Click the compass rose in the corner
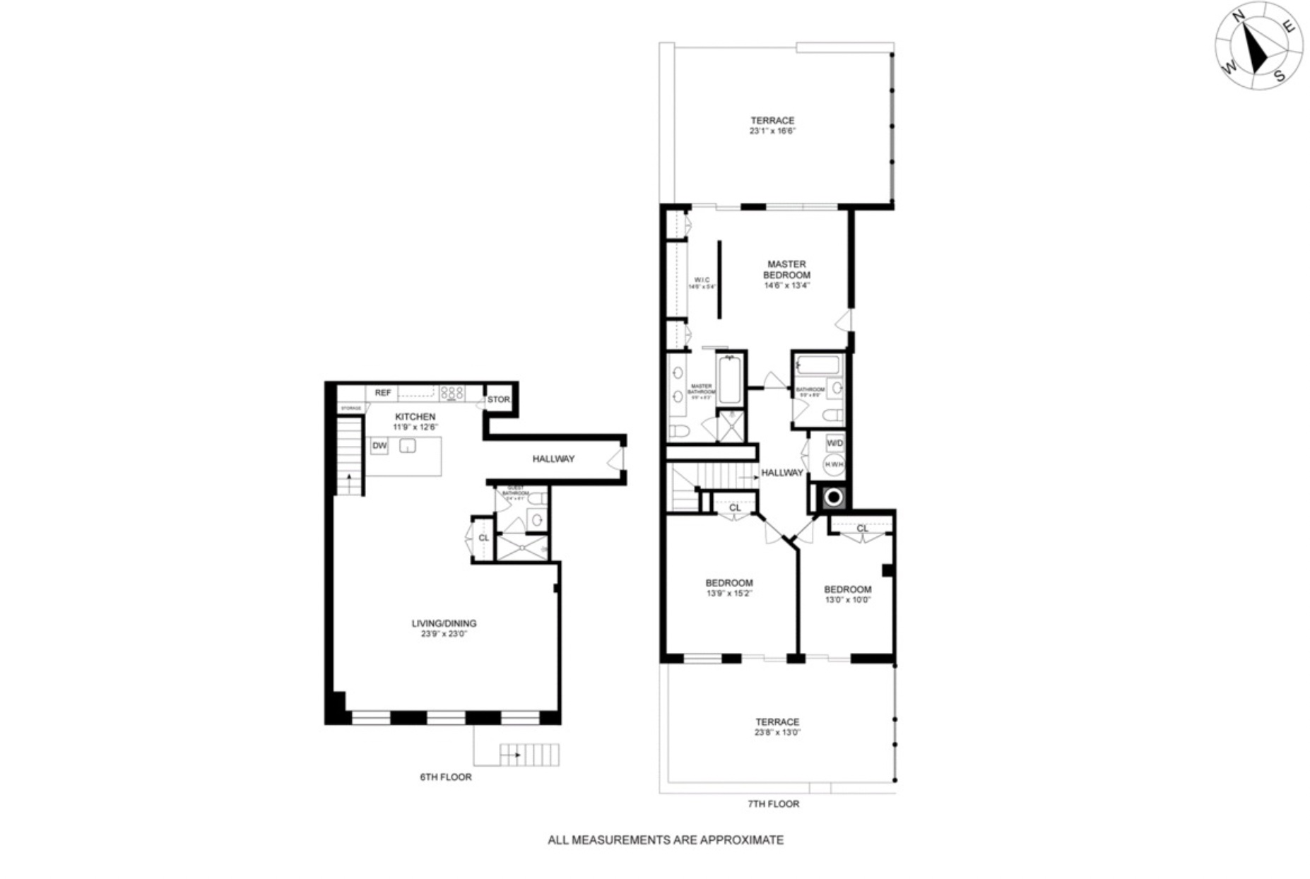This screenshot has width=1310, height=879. [1258, 47]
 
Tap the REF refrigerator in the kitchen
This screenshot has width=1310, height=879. [382, 393]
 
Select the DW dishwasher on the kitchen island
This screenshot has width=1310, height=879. [379, 446]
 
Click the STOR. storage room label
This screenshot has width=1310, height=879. [498, 400]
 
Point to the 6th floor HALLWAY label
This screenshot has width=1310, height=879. [553, 459]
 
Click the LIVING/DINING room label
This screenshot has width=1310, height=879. [444, 624]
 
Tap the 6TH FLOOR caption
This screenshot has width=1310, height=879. [445, 777]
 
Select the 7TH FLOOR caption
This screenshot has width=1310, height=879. [773, 804]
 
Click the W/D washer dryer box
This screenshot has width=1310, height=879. [834, 443]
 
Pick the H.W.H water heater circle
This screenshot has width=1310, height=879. [834, 464]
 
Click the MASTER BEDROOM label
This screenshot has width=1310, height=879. [786, 270]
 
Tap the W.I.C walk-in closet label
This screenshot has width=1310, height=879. [702, 281]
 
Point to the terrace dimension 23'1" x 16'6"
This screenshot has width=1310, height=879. [772, 131]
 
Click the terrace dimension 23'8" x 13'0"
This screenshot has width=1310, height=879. [777, 733]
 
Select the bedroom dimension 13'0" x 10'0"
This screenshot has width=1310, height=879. [847, 600]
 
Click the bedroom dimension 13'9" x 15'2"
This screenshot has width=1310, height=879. [729, 594]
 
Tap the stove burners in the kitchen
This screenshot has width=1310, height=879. [452, 393]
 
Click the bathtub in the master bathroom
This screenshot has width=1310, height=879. [729, 380]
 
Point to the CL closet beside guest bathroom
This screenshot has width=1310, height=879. [483, 538]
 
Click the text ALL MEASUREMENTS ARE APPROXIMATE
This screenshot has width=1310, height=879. [666, 840]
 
